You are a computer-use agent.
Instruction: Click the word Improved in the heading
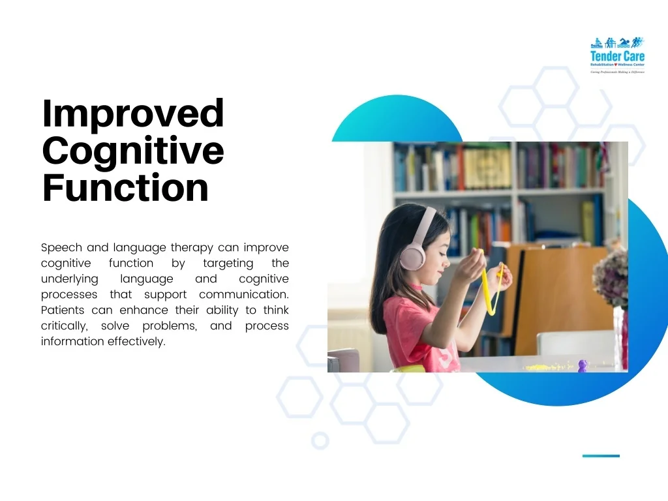pyautogui.click(x=132, y=114)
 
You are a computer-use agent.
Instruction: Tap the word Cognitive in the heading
pyautogui.click(x=132, y=151)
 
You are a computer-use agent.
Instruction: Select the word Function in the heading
pyautogui.click(x=125, y=188)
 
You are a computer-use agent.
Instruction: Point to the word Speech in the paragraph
pyautogui.click(x=61, y=248)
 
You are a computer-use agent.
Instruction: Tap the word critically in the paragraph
pyautogui.click(x=63, y=326)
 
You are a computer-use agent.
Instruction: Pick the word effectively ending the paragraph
pyautogui.click(x=136, y=342)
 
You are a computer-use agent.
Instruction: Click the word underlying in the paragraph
pyautogui.click(x=69, y=279)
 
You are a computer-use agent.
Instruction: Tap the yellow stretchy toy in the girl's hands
pyautogui.click(x=489, y=287)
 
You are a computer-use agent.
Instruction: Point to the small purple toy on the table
pyautogui.click(x=583, y=365)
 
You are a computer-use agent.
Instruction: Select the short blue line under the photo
pyautogui.click(x=601, y=456)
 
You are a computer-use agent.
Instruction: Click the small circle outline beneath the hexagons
pyautogui.click(x=320, y=441)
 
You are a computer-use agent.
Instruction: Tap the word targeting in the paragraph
pyautogui.click(x=228, y=264)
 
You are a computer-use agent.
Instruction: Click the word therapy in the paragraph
pyautogui.click(x=188, y=248)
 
